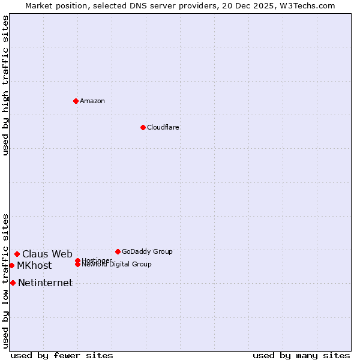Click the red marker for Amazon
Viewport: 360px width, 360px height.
point(76,101)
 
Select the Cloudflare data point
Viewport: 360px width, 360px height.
point(143,127)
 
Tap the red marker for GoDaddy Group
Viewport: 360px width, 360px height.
point(118,251)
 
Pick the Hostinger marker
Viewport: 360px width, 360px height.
point(77,260)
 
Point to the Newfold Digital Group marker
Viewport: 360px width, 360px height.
point(77,265)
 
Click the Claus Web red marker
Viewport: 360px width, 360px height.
point(17,254)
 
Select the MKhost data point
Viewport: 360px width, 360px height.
point(11,265)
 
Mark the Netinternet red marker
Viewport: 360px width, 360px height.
point(13,283)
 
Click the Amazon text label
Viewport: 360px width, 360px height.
point(92,101)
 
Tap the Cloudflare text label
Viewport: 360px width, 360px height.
point(163,127)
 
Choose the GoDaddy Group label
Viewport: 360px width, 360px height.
point(147,251)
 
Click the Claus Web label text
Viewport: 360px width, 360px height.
point(47,254)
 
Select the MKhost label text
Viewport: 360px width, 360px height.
point(34,265)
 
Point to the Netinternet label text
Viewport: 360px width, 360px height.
point(45,283)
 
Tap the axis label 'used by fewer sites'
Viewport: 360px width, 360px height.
point(62,355)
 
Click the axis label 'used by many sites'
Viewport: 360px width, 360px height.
point(301,355)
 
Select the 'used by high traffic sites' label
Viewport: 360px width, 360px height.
point(5,85)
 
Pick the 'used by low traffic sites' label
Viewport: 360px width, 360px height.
point(5,280)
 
